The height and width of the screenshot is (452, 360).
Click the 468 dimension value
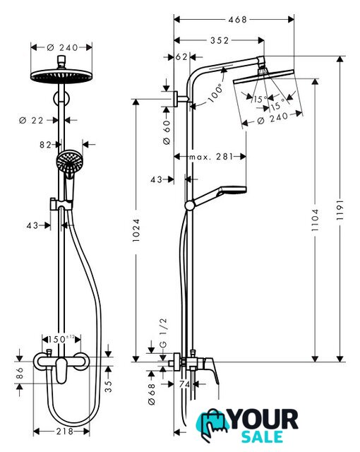point(238,20)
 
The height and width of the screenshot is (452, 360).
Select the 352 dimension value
point(220,40)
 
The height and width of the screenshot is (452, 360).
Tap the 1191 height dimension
point(340,210)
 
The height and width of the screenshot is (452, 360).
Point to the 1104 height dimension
point(315,220)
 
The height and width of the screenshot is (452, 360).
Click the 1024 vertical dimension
point(136,230)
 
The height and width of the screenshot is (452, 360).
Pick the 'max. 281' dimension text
point(211,157)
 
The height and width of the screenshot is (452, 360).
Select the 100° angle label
point(216,93)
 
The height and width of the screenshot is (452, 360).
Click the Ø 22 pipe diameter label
point(31,121)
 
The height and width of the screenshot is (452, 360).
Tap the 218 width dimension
point(65,432)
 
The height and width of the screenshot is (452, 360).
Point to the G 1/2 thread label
point(163,333)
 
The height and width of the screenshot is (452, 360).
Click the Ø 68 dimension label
point(152,394)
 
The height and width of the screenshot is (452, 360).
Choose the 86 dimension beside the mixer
point(20,373)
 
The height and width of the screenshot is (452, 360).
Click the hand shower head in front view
point(69,162)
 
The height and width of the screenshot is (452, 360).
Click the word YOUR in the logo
point(264,420)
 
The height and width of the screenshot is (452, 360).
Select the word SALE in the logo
point(262,436)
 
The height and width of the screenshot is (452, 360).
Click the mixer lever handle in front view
point(61,370)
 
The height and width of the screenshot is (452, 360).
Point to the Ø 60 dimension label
point(167,132)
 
